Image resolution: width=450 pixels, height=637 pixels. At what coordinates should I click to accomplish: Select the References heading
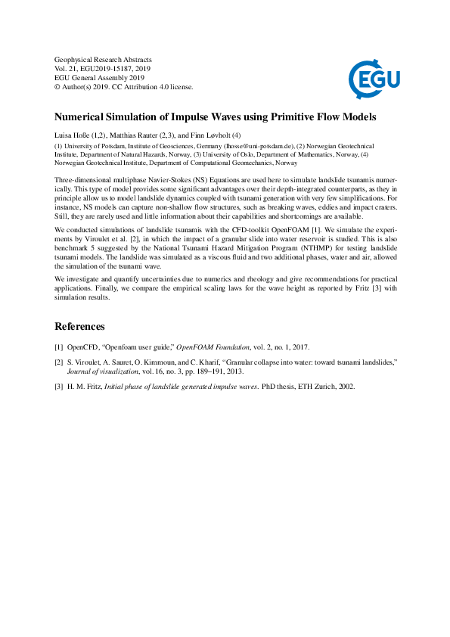(79, 327)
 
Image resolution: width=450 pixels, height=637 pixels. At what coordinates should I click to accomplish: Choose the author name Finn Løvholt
(216, 135)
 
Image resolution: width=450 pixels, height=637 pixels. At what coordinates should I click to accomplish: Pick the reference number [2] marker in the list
(58, 362)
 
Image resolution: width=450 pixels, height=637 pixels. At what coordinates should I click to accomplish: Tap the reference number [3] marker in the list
(58, 387)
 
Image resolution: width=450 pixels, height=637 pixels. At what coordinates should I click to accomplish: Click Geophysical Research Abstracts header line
(104, 60)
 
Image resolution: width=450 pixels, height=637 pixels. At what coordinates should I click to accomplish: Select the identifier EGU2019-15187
(109, 69)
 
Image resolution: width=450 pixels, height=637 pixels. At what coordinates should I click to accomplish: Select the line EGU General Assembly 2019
(99, 78)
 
